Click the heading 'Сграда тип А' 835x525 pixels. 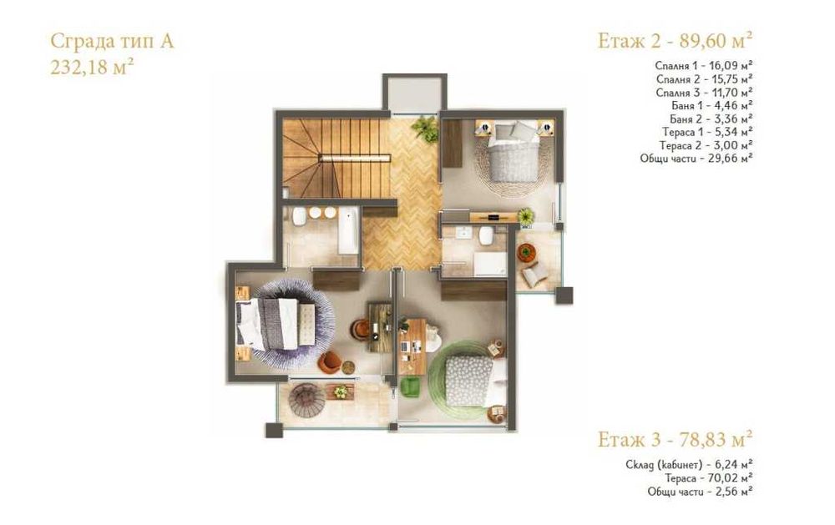point(112,42)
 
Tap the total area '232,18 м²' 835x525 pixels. point(92,68)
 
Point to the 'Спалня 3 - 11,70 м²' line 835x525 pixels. point(705,92)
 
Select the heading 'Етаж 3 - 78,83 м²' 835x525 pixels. point(676,440)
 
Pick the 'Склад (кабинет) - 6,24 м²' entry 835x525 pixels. point(689,464)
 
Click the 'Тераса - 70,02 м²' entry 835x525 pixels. point(709,478)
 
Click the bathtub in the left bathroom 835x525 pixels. point(349,231)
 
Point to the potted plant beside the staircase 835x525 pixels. point(425,129)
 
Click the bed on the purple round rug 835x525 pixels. point(276,322)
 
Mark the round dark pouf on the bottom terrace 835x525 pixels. point(301,400)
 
